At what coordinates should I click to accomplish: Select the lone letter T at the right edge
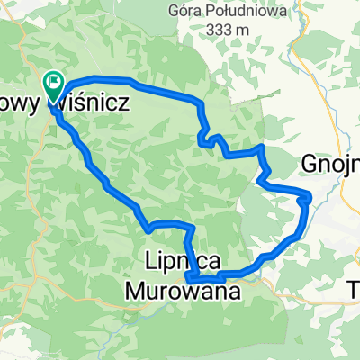point(354,290)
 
